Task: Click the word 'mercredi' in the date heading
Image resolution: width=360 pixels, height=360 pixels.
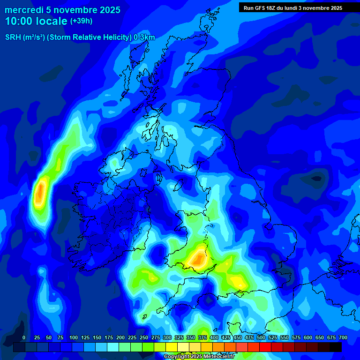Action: pos(24,10)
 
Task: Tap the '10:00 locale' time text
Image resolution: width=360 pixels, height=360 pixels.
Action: pos(36,21)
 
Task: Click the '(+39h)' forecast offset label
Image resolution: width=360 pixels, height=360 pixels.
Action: pos(81,21)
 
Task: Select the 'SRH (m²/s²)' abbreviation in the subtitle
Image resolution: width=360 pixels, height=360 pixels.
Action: pos(25,37)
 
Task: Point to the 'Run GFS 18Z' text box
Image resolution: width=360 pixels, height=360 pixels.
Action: pos(292,7)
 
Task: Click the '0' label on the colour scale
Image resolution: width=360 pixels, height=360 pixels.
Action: pos(24,337)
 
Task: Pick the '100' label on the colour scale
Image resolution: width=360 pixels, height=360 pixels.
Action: pos(74,337)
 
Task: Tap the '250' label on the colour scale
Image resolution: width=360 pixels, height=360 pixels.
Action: pos(144,337)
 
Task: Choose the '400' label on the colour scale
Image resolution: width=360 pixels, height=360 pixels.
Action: pos(214,337)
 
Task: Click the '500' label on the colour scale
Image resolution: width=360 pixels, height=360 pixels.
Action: pos(261,337)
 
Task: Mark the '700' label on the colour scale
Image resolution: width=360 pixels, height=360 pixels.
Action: pos(343,337)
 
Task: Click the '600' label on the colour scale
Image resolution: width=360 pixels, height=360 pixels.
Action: pos(308,337)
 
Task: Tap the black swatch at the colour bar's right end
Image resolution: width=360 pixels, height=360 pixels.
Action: pos(336,347)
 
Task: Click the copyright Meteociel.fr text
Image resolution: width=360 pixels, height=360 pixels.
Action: pos(199,357)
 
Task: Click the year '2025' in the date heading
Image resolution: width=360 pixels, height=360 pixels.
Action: pos(107,10)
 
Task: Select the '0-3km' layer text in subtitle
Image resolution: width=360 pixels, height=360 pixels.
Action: pos(144,37)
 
